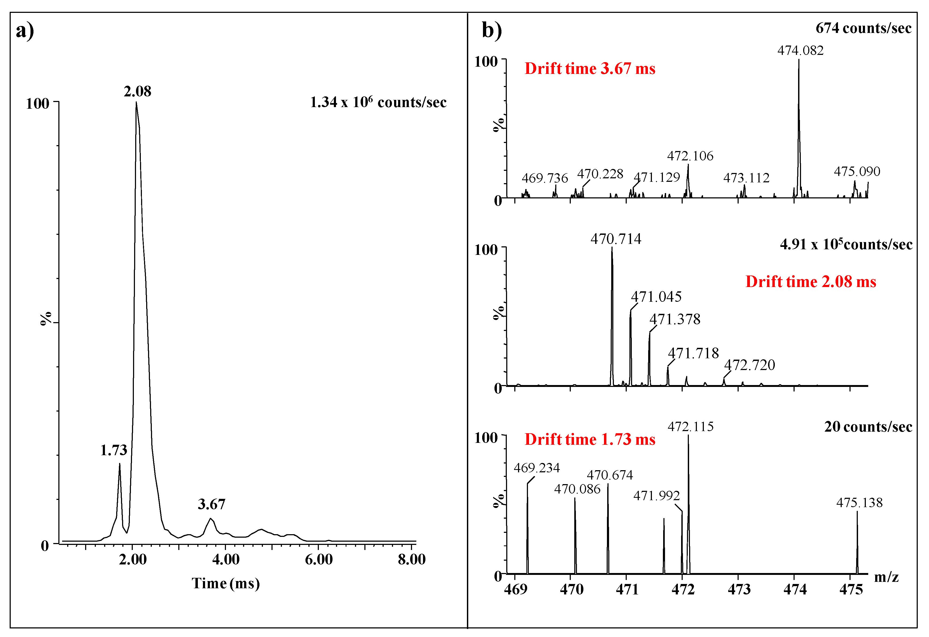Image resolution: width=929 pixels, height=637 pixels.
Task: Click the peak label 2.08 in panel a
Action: (x=138, y=92)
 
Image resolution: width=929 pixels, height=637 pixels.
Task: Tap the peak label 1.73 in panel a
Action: (x=114, y=450)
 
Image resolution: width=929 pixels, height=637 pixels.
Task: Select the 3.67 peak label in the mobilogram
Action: (x=212, y=504)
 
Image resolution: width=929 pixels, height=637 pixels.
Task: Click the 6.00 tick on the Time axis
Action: (x=319, y=559)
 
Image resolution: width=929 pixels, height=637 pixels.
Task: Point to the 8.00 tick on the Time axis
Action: (x=411, y=559)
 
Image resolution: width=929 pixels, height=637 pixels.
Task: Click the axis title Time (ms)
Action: (x=226, y=583)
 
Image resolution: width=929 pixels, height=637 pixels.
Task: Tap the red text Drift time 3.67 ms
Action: (x=590, y=69)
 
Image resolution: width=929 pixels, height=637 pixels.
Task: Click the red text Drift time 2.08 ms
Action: (x=811, y=282)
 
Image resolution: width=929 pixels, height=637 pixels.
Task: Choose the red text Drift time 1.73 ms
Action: (x=590, y=439)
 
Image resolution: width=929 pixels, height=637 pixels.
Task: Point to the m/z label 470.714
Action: (x=616, y=239)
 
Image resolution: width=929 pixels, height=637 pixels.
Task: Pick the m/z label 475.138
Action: (x=859, y=503)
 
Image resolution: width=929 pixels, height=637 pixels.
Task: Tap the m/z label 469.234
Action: (x=537, y=468)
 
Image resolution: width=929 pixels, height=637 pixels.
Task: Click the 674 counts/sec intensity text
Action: (x=863, y=28)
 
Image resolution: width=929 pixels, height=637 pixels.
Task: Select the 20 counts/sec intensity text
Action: (x=868, y=427)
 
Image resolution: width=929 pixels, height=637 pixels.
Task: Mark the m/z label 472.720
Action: (x=750, y=365)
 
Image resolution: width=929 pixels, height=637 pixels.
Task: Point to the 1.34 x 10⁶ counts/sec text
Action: (x=378, y=102)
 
